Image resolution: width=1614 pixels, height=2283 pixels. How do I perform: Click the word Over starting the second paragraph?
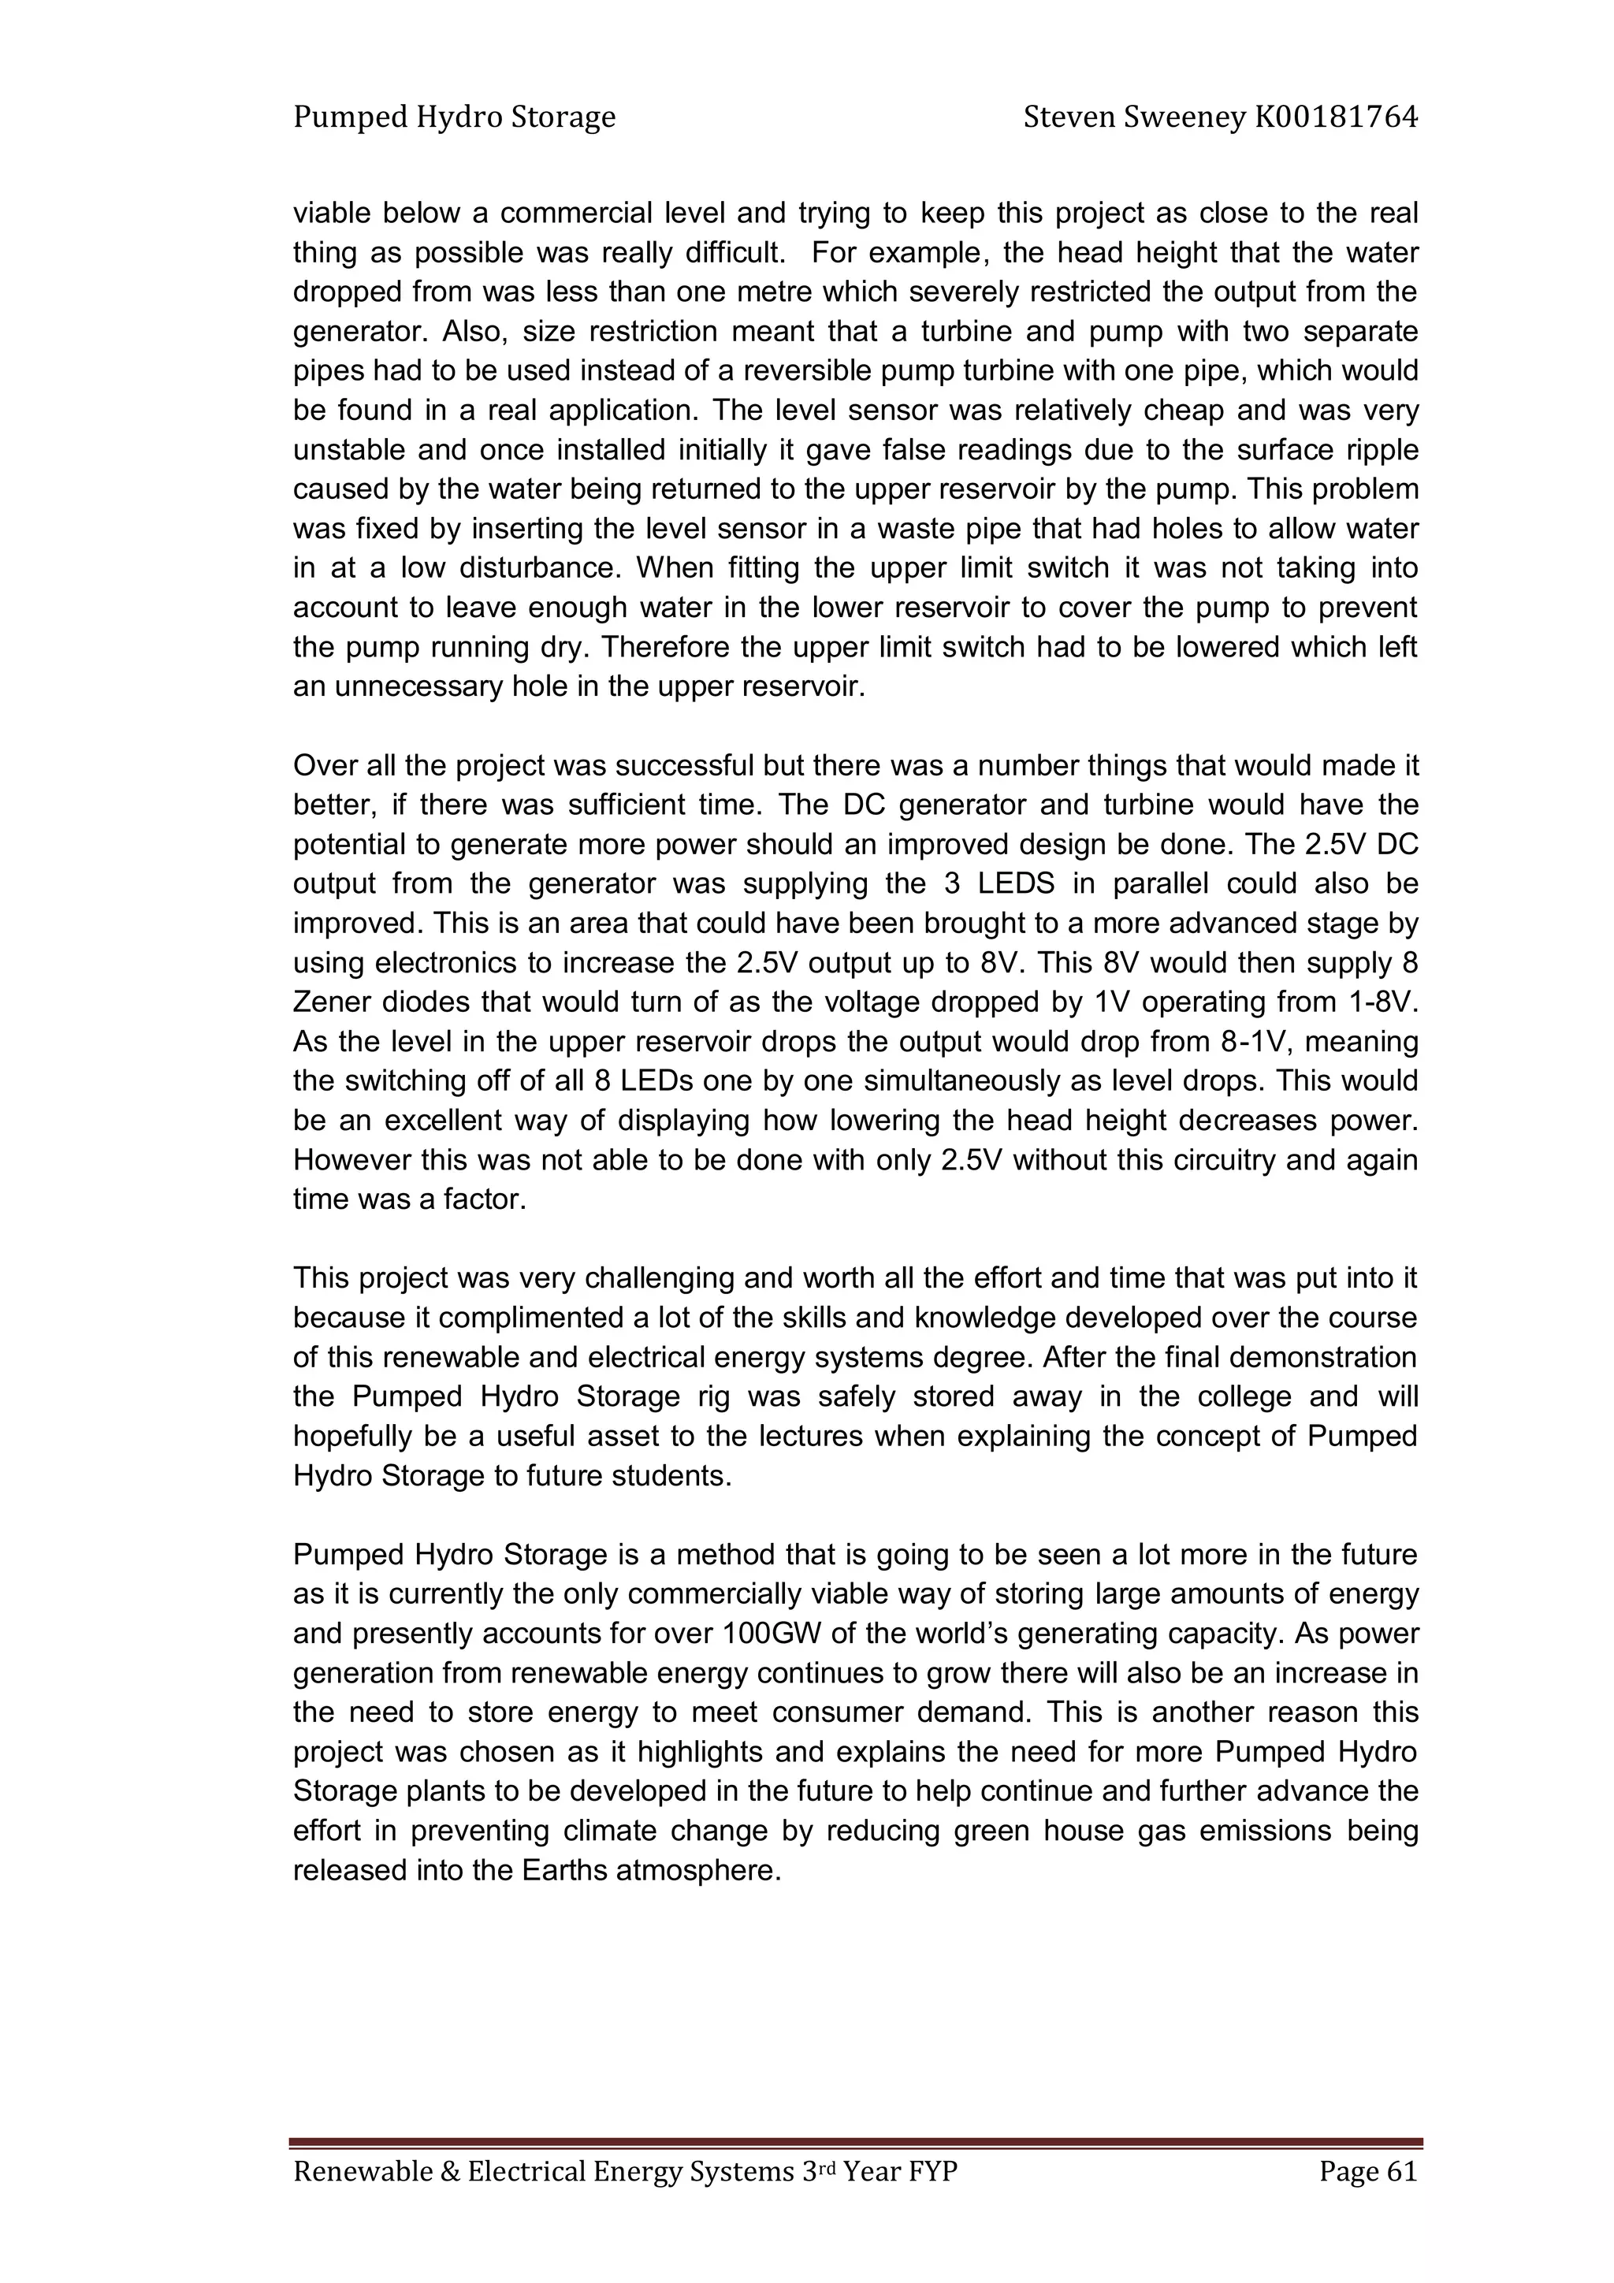click(323, 766)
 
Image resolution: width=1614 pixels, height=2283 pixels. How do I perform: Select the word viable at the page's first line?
click(333, 214)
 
